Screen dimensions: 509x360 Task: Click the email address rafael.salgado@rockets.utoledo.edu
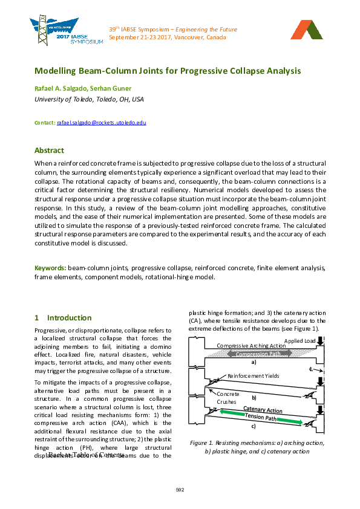[x=102, y=123]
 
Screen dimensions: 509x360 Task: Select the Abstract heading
[x=49, y=151]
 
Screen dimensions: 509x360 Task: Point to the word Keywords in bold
[x=50, y=267]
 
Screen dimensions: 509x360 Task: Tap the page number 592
[x=180, y=489]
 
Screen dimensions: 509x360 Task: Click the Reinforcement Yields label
[x=253, y=376]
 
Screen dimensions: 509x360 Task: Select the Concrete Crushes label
[x=227, y=398]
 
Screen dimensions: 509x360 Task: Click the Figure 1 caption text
[x=257, y=447]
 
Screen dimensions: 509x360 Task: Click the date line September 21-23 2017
[x=168, y=37]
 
